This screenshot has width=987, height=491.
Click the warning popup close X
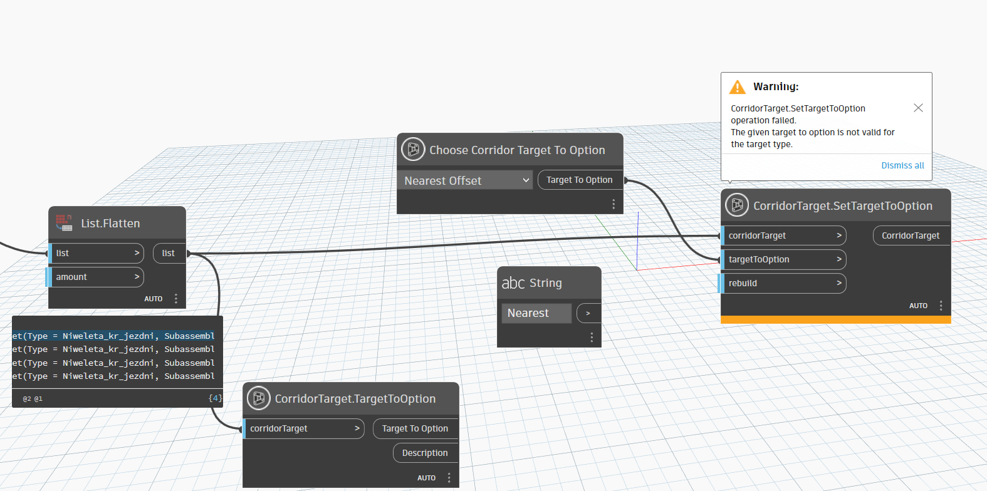[918, 108]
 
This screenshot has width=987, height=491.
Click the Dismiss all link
[902, 165]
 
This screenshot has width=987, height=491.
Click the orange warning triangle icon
[737, 87]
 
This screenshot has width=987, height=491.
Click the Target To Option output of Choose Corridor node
[580, 180]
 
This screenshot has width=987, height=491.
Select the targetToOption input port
[783, 259]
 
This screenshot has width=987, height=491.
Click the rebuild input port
[783, 283]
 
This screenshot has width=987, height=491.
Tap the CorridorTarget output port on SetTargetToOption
[911, 235]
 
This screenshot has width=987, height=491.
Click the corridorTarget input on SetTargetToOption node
[783, 235]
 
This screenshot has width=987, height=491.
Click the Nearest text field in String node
[536, 313]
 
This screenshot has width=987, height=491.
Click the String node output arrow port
[588, 313]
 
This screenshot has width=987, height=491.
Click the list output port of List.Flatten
[169, 253]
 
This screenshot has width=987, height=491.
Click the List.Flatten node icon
[65, 223]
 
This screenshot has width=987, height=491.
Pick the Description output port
[426, 453]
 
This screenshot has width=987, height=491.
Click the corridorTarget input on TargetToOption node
[303, 428]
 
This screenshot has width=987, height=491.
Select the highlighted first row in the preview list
[113, 336]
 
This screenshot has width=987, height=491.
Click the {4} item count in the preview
[215, 398]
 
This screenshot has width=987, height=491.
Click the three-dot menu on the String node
[592, 338]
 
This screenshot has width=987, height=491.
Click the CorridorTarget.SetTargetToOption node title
[843, 205]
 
